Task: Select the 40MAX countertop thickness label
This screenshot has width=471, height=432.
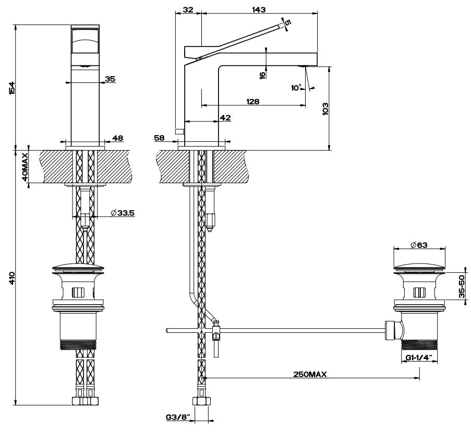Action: coord(25,166)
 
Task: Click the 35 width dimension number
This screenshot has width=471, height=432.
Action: coord(110,79)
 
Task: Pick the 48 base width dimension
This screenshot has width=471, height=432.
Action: coord(117,138)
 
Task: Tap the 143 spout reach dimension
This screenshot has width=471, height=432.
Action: coord(259,9)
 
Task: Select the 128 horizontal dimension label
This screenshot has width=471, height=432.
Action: coord(253,101)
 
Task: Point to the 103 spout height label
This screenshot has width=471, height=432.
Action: coord(324,109)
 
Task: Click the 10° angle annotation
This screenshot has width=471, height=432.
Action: coord(296,88)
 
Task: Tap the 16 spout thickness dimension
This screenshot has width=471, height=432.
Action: coord(262,74)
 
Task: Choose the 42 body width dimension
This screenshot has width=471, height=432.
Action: coord(225,118)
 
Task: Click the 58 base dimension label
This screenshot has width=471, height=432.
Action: coord(160,138)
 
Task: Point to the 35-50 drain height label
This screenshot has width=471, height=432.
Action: coord(462,286)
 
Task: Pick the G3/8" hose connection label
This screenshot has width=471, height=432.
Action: coord(177,417)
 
